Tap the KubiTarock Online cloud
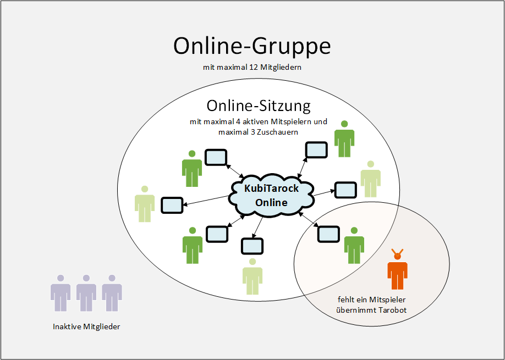[x=271, y=195]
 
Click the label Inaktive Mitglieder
[x=86, y=326]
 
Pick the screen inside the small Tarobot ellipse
[x=329, y=234]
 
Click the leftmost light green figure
[x=145, y=204]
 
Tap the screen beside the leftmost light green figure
[x=172, y=205]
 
